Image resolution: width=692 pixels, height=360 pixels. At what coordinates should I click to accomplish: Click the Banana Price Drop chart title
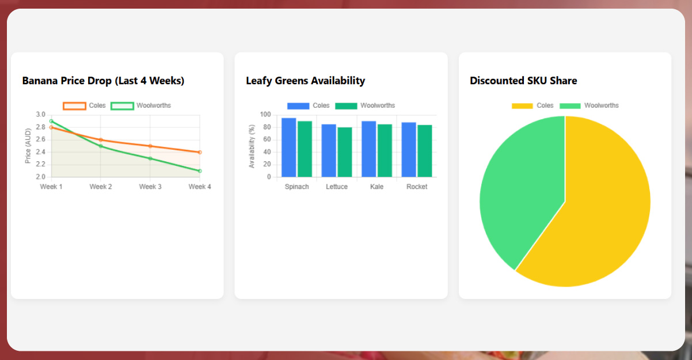[x=103, y=81]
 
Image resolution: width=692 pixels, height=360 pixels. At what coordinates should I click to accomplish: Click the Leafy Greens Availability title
[x=305, y=81]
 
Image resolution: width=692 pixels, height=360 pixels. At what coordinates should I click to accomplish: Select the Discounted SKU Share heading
[x=523, y=81]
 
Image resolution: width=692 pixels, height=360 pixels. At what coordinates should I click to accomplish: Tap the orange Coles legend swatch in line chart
[x=74, y=106]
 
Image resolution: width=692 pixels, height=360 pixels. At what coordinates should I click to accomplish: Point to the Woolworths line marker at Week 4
[x=200, y=171]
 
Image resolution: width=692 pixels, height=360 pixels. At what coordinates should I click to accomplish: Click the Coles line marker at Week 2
[x=101, y=140]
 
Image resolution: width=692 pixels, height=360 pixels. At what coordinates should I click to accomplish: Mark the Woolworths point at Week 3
[x=150, y=158]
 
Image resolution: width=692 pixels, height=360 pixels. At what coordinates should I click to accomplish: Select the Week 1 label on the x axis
[x=51, y=187]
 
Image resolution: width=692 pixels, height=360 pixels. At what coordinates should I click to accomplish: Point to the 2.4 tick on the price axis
[x=40, y=152]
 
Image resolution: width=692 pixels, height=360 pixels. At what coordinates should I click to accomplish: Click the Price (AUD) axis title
[x=28, y=146]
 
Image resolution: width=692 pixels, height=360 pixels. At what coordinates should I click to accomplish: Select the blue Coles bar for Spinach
[x=288, y=147]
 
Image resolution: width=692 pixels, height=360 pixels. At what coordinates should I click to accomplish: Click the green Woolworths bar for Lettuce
[x=344, y=152]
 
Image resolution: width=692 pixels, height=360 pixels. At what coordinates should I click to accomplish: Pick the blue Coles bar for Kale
[x=368, y=149]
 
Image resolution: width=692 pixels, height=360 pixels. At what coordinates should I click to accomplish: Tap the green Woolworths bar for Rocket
[x=424, y=151]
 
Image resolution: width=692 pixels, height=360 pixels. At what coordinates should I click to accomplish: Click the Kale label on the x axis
[x=377, y=187]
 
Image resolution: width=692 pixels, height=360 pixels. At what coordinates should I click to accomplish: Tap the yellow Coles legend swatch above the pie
[x=522, y=106]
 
